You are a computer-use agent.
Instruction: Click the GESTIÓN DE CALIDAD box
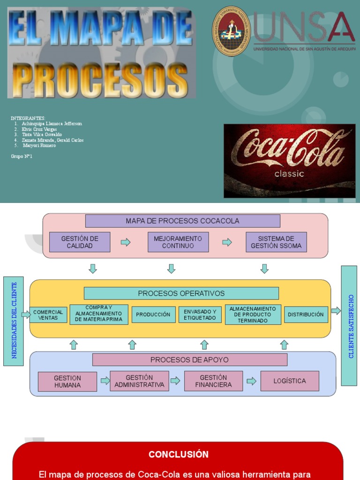tap(80, 242)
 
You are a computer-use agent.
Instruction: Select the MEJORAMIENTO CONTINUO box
tap(178, 242)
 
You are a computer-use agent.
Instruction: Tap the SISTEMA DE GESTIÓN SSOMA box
tap(276, 242)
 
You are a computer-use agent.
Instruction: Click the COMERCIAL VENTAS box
tap(48, 315)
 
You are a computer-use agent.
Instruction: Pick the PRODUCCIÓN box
tap(153, 315)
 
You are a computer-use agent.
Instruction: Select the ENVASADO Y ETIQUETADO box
tap(200, 315)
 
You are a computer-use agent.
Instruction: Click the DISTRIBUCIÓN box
tap(306, 315)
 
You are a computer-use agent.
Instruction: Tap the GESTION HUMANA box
tap(67, 382)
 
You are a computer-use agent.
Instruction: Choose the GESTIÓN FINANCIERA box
tap(213, 381)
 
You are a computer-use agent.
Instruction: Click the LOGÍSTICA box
tap(290, 381)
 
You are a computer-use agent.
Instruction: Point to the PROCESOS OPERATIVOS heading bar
tap(181, 293)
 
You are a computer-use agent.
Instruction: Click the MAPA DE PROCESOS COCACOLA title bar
tap(182, 221)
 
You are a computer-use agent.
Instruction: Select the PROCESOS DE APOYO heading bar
tap(189, 360)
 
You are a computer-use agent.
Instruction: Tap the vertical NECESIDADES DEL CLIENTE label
tap(14, 321)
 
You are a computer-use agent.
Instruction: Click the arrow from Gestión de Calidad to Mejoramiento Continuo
tap(126, 242)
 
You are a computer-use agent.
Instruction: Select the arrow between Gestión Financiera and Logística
tap(252, 381)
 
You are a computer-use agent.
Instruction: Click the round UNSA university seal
tap(231, 31)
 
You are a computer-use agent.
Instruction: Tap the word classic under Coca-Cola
tap(289, 174)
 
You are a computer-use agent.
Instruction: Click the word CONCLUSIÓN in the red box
tap(178, 454)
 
